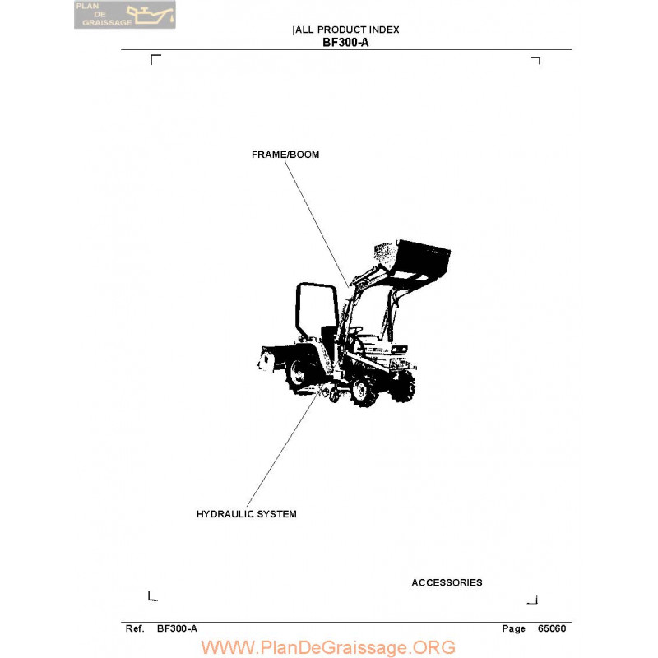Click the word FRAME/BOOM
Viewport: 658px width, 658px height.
(285, 155)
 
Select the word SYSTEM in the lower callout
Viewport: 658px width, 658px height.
(276, 514)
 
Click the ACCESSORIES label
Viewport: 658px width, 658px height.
(447, 582)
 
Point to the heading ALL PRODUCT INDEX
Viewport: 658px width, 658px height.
(347, 30)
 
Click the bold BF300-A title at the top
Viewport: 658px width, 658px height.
(345, 43)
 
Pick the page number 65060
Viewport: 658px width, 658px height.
(552, 628)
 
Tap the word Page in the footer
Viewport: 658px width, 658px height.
(513, 628)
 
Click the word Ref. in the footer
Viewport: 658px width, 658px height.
(135, 628)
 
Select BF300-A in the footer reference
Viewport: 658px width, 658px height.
(177, 628)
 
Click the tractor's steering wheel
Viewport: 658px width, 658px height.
(356, 330)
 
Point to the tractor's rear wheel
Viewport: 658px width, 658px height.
(299, 373)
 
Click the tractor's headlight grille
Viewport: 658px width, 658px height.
(399, 350)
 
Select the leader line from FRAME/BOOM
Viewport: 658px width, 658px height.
(317, 224)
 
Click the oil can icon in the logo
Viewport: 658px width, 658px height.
(151, 15)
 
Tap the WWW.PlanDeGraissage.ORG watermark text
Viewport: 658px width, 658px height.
(328, 647)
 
